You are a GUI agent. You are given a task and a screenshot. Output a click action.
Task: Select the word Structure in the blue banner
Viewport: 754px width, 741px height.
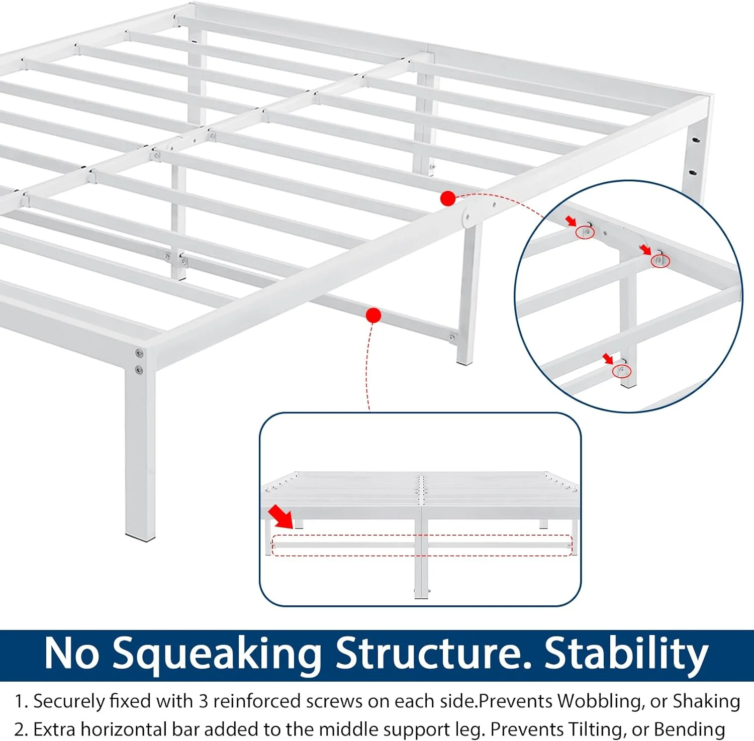433,653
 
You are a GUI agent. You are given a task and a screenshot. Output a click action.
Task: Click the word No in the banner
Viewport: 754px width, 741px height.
72,654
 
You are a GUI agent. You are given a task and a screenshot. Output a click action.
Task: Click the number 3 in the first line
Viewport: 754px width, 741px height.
204,701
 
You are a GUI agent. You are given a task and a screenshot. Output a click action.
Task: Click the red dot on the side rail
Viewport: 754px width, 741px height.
448,198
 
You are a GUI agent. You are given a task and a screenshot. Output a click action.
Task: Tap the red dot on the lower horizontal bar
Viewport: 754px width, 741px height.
373,315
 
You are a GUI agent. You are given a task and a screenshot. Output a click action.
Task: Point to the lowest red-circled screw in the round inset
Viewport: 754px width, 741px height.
622,371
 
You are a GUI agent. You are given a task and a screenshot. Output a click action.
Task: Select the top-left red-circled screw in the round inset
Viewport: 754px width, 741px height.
586,232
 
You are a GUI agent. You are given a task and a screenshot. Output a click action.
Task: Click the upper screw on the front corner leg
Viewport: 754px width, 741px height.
139,354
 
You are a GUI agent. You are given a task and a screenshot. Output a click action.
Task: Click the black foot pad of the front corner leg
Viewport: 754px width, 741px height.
140,538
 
